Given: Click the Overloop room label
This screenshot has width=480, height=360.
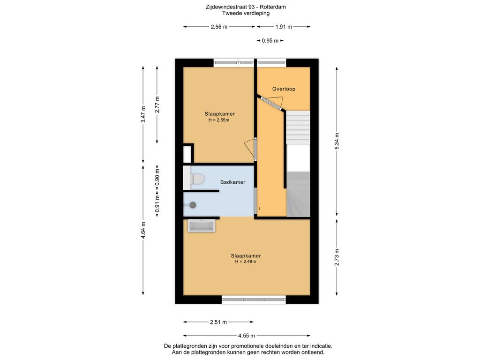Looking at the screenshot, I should coord(284,89).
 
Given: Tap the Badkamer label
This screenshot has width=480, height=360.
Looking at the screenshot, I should coord(233,182).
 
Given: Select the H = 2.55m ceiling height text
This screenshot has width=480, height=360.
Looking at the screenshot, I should coord(219,120).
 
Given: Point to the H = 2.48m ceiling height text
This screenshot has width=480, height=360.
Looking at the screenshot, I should coord(246,262).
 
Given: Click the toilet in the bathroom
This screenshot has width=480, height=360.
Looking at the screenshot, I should coord(196,179).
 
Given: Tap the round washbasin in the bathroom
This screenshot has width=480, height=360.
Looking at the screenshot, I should coord(192,205).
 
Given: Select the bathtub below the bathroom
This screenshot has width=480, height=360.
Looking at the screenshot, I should coord(202,226).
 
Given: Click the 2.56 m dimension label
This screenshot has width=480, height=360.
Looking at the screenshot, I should coord(219,27).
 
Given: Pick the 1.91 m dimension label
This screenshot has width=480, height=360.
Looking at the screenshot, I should coord(284,27).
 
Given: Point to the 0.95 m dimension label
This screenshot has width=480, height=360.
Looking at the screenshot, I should coord(270,41).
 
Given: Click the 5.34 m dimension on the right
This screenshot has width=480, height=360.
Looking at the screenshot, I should coord(337,141).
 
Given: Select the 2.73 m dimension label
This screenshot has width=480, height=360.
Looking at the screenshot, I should coord(337,257).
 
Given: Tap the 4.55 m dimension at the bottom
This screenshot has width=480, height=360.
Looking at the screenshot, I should coord(247,336).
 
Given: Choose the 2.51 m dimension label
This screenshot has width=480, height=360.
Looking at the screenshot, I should coord(218,322).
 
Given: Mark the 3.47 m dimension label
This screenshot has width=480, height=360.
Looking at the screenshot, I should coord(143,114).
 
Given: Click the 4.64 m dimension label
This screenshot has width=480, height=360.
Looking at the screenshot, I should coord(143,230).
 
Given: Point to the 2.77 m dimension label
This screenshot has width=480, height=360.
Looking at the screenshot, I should coord(157,105).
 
